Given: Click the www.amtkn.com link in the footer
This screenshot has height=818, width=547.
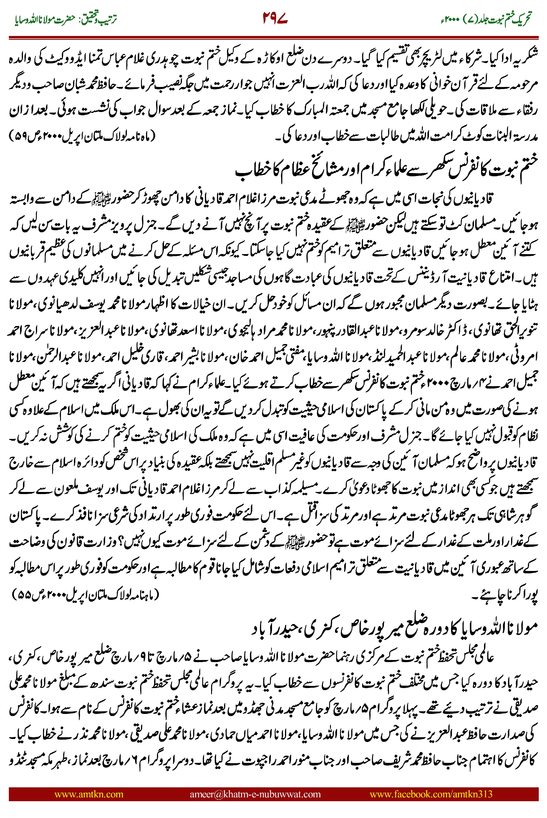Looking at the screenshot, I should coord(89,794).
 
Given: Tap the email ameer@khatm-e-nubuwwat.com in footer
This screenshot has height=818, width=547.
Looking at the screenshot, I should coord(255,794).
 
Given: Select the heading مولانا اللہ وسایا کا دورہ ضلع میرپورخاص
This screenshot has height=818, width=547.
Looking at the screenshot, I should coord(394,629).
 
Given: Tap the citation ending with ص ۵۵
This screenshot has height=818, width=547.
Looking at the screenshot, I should coord(85,593).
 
